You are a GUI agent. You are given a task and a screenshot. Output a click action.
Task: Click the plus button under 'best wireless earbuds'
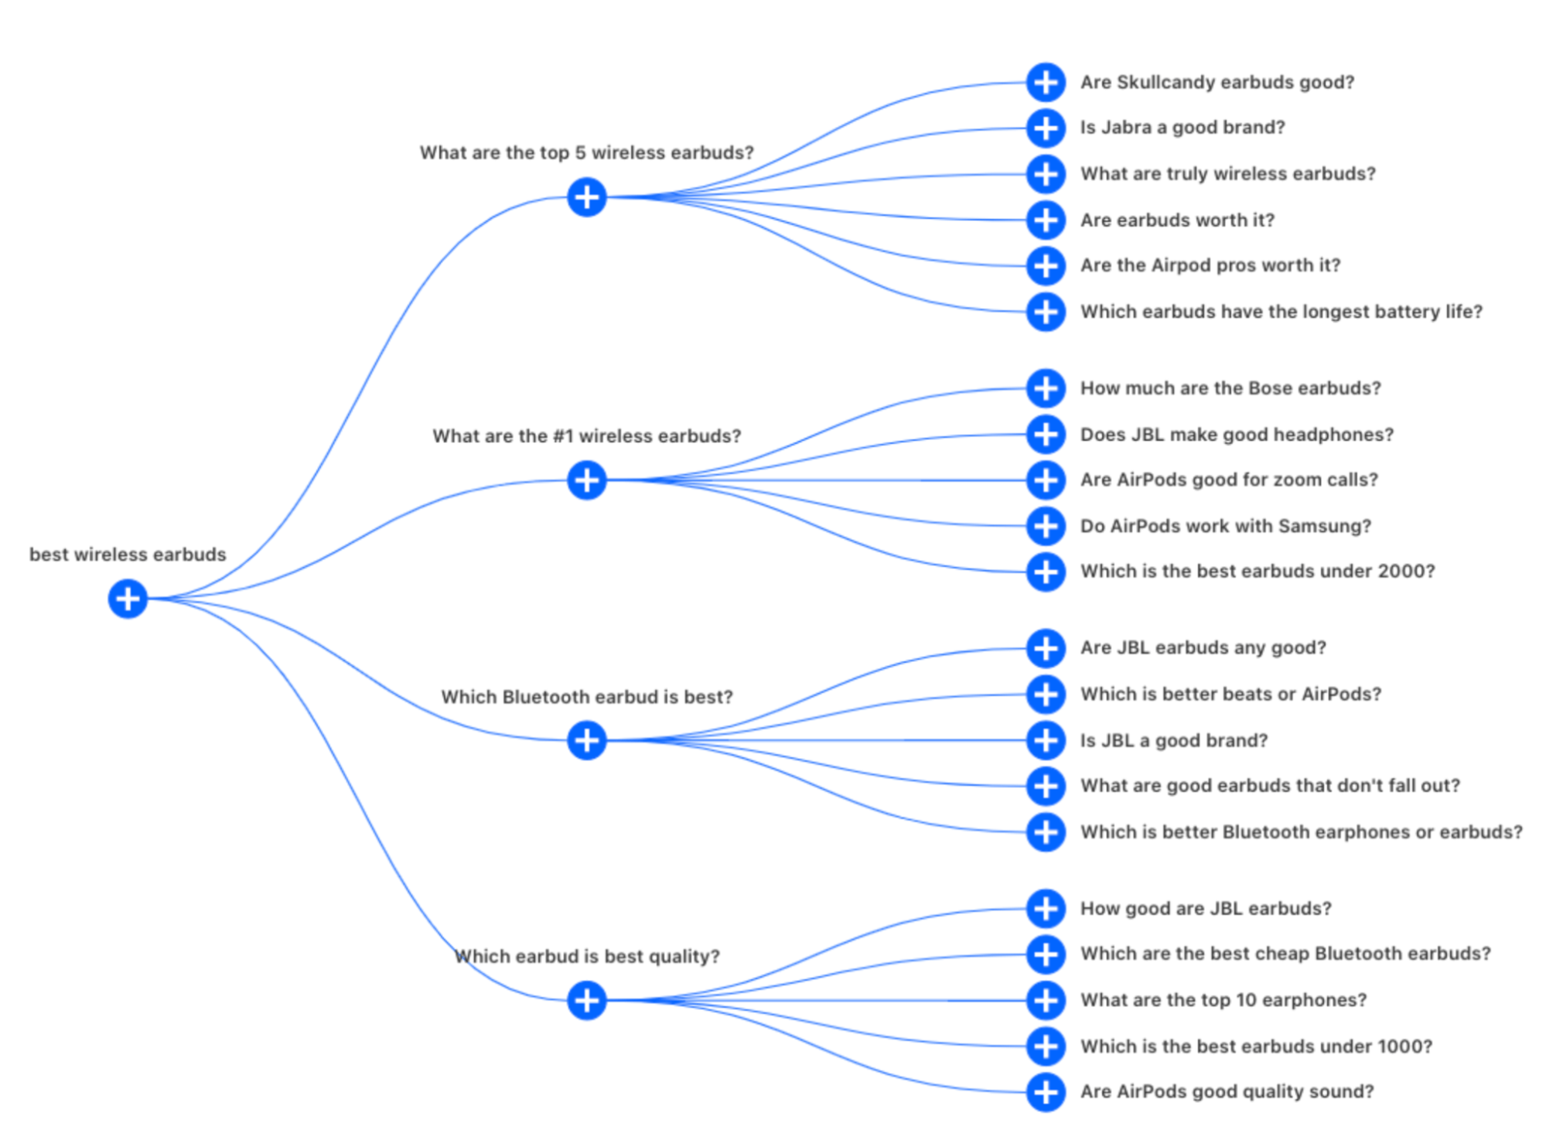coord(128,599)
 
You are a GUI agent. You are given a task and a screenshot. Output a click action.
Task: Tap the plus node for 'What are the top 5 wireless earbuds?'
coord(586,197)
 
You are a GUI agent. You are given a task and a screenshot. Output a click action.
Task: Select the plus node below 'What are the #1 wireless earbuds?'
coord(586,480)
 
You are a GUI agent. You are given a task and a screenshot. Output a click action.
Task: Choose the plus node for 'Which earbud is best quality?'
coord(586,1000)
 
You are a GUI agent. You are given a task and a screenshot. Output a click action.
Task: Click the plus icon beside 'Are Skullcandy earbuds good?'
coord(1046,82)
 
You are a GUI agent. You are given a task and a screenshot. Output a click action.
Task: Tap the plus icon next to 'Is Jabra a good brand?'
coord(1046,128)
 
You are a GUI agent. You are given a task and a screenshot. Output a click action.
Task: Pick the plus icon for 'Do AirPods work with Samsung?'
coord(1046,526)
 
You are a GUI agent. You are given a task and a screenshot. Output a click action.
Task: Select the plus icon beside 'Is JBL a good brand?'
coord(1046,740)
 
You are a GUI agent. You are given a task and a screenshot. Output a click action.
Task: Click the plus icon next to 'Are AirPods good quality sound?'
coord(1046,1092)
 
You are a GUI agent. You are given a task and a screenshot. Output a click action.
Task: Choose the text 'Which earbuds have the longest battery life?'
coord(1282,312)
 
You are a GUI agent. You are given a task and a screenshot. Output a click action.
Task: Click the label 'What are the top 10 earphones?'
coord(1223,1000)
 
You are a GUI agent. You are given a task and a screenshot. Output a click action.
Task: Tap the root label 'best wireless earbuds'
coord(128,555)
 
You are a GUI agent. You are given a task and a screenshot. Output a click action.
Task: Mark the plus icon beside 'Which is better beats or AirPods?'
coord(1046,695)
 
